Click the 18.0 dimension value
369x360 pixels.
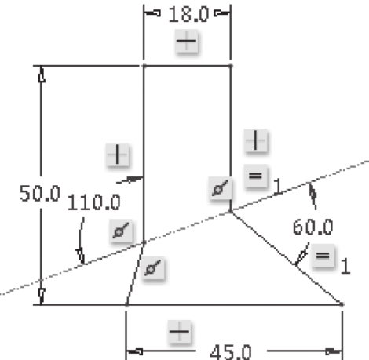pos(188,15)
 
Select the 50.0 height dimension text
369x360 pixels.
pos(40,194)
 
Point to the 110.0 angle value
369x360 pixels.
pos(94,202)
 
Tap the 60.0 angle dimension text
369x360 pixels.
pos(313,227)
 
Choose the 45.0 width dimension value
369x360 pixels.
pos(231,352)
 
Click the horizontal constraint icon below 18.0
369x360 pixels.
pos(187,41)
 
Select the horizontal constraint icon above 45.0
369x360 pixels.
pos(180,332)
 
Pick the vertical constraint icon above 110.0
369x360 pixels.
pos(118,155)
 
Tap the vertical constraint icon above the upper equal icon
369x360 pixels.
pos(256,140)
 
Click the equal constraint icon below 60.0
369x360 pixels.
pos(323,256)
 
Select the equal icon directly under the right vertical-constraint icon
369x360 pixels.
pos(255,176)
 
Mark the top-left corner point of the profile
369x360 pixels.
pos(144,66)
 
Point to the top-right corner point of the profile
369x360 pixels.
pos(231,66)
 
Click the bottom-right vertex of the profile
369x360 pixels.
pos(342,304)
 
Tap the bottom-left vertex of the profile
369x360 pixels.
pos(126,304)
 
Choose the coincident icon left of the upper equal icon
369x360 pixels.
pos(220,187)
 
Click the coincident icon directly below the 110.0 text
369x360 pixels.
pos(121,231)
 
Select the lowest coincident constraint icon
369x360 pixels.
pos(153,268)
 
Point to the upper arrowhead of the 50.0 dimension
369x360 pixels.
pos(42,75)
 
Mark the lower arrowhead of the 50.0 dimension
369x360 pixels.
pos(42,296)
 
